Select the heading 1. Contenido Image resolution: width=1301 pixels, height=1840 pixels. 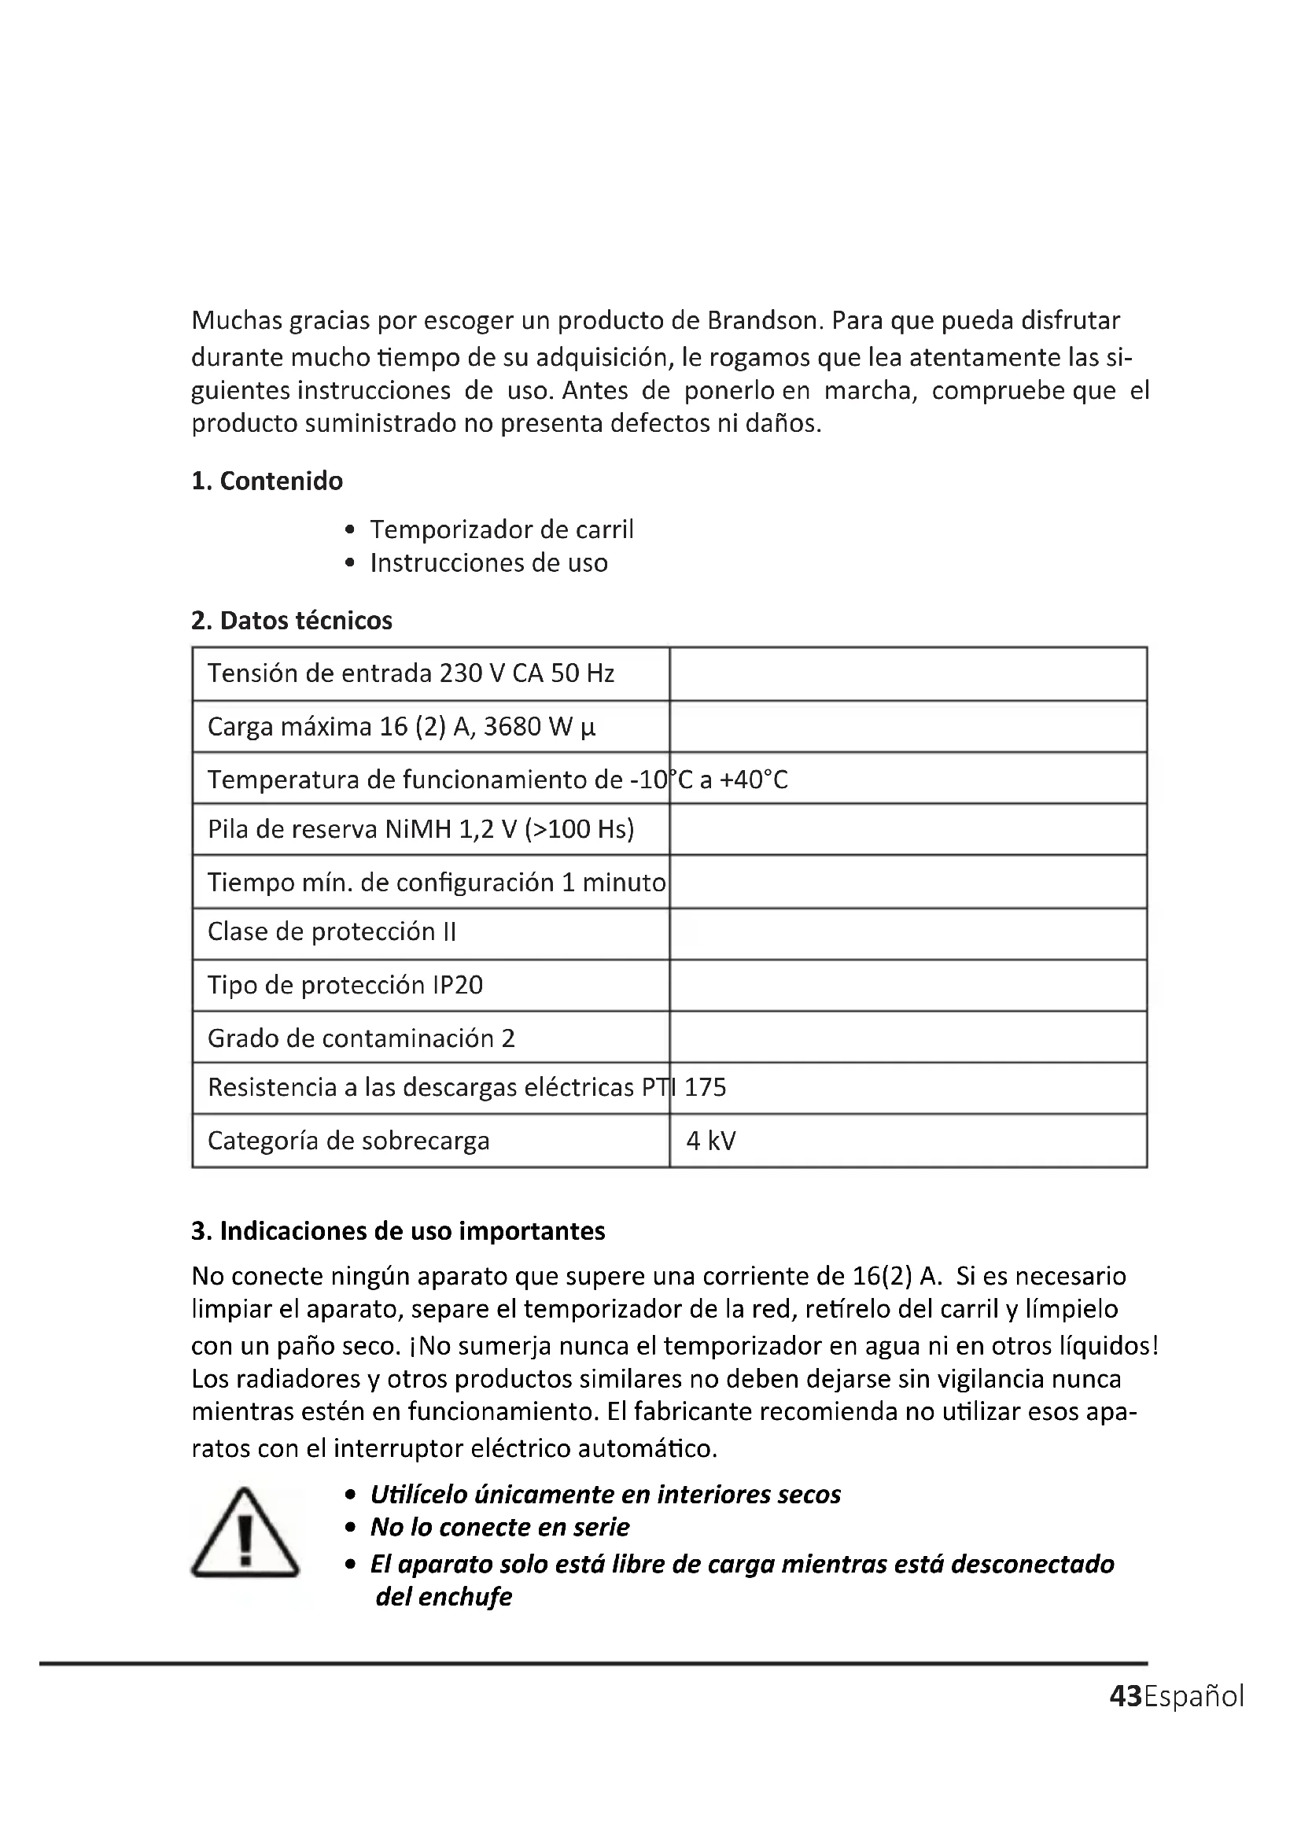tap(267, 481)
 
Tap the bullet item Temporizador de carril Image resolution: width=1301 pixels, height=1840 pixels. tap(502, 529)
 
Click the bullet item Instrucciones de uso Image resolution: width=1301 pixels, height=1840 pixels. tap(488, 563)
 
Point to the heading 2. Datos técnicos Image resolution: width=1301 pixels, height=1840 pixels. tap(292, 620)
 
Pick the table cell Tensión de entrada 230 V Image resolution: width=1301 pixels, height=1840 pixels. tap(410, 673)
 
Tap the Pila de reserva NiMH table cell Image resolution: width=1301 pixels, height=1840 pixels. tap(421, 828)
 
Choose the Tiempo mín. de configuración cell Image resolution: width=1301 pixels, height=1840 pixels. tap(436, 883)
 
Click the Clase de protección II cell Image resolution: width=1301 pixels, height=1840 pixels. tap(332, 932)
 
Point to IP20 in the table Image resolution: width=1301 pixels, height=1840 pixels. tap(458, 985)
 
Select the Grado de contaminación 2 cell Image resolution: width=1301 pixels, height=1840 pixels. tap(360, 1038)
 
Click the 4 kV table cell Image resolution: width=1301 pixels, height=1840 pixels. tap(710, 1141)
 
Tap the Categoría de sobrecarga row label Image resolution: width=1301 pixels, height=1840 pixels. tap(348, 1141)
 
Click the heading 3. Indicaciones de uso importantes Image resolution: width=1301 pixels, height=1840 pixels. tap(398, 1231)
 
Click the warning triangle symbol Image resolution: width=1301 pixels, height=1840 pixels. tap(245, 1533)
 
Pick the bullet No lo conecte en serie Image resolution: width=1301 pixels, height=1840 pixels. tap(499, 1528)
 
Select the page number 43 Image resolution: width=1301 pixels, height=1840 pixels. tap(1126, 1696)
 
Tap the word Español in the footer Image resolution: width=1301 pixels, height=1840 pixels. tap(1194, 1696)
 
